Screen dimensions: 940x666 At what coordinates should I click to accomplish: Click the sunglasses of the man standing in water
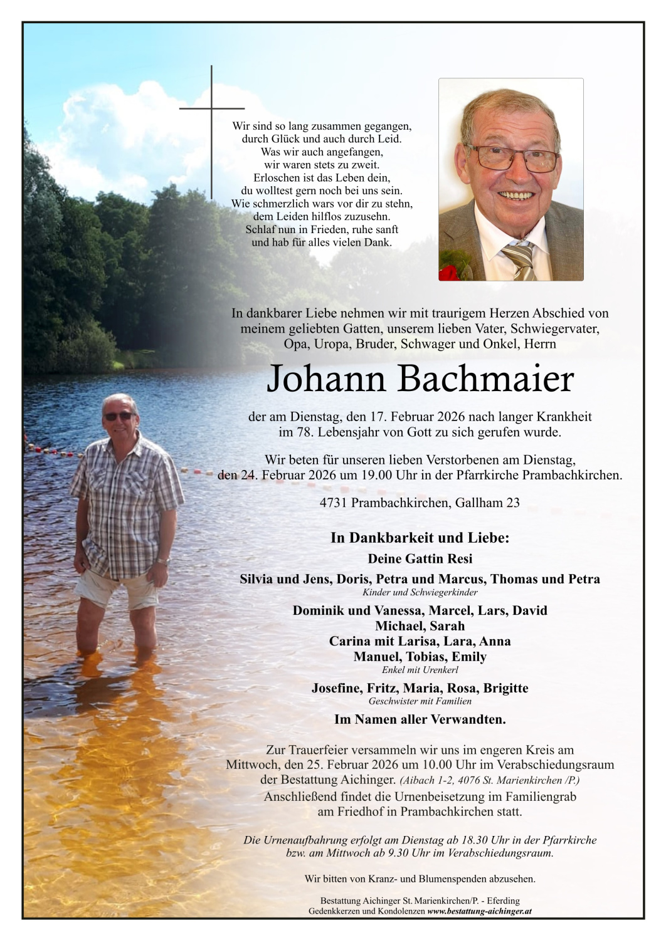pyautogui.click(x=118, y=416)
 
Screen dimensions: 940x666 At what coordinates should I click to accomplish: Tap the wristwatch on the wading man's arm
pyautogui.click(x=163, y=561)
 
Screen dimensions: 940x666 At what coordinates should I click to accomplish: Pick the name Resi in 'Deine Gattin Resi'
pyautogui.click(x=460, y=558)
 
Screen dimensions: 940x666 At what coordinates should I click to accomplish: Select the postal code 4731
pyautogui.click(x=334, y=503)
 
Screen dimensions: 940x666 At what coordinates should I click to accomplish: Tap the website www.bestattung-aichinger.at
pyautogui.click(x=479, y=911)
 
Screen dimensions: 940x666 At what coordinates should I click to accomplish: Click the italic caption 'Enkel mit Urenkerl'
pyautogui.click(x=420, y=670)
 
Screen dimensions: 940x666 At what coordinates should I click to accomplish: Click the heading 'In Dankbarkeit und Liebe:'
pyautogui.click(x=420, y=538)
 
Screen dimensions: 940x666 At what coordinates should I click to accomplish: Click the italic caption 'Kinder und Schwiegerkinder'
pyautogui.click(x=420, y=592)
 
